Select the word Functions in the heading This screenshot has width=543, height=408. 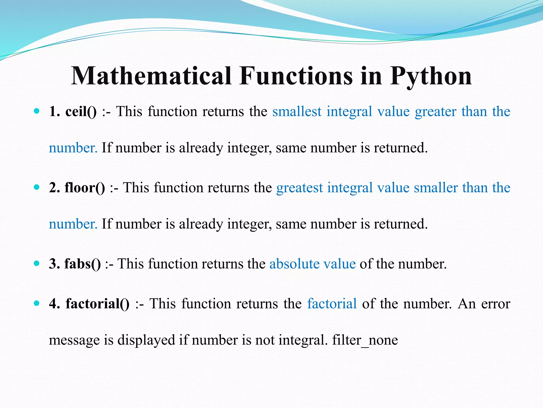coord(296,76)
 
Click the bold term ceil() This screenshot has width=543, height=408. coord(81,112)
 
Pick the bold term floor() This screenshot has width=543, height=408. coord(85,188)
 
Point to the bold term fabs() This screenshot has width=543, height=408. coord(82,264)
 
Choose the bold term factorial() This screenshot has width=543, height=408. coord(98,304)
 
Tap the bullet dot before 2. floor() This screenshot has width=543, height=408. coord(37,187)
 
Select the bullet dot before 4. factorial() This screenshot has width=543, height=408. coord(37,303)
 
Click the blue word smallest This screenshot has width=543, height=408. coord(297,112)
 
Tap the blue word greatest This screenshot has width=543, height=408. coord(300,188)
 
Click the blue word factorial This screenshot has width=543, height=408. coord(332,304)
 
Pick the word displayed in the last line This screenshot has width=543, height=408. coord(146,340)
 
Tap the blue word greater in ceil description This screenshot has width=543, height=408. coord(435,112)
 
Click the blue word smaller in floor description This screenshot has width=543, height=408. coord(436,188)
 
